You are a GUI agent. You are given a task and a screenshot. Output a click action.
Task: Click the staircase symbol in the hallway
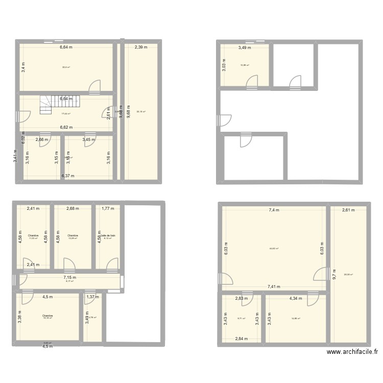(x=46, y=105)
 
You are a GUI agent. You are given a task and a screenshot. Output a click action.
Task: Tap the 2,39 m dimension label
(x=141, y=47)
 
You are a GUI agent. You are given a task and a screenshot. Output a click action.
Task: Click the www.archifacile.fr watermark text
(x=352, y=352)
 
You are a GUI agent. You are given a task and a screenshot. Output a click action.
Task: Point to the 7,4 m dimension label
(x=275, y=209)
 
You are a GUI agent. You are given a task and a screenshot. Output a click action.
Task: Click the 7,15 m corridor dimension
(x=68, y=277)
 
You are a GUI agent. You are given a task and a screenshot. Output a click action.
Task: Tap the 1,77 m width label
(x=108, y=208)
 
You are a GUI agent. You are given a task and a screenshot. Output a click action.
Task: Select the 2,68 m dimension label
(x=74, y=208)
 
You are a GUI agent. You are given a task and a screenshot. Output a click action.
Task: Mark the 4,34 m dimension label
(x=296, y=298)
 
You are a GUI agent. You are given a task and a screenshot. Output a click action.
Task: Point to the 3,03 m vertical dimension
(x=224, y=66)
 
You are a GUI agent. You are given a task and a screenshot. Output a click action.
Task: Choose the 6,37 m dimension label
(x=68, y=176)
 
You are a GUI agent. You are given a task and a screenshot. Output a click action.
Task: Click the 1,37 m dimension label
(x=92, y=297)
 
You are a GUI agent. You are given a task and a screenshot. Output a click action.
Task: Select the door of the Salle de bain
(x=112, y=264)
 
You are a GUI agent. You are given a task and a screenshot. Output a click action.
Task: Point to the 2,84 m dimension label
(x=242, y=339)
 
